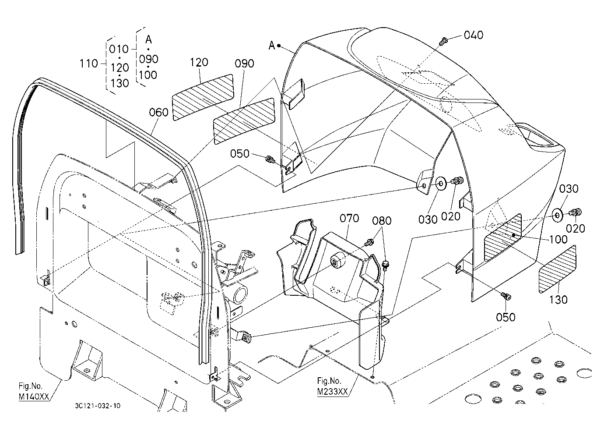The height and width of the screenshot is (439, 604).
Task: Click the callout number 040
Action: (474, 35)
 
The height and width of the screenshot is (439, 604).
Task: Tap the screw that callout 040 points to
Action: (443, 42)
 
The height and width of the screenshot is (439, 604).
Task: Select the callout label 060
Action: (158, 112)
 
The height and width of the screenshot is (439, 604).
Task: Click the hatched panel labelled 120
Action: (203, 97)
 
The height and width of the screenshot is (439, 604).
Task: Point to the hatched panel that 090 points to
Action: (244, 120)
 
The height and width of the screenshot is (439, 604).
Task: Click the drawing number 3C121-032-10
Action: (98, 406)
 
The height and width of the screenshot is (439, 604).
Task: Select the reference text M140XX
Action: (34, 397)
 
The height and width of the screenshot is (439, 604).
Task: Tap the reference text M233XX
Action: (333, 392)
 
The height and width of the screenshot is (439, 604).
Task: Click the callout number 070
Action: (349, 218)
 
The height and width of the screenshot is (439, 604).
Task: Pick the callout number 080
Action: (382, 221)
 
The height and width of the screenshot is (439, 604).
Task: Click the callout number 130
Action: (558, 299)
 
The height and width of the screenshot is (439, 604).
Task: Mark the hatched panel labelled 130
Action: (557, 269)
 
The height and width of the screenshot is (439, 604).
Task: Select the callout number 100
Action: (558, 239)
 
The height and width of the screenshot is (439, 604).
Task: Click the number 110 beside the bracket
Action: (88, 64)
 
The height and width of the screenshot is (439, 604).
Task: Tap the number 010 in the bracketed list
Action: (119, 49)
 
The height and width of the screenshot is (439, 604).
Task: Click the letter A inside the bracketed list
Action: (148, 40)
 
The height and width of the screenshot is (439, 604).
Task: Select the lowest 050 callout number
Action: (506, 317)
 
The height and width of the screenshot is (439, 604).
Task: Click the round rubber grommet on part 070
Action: (337, 260)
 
